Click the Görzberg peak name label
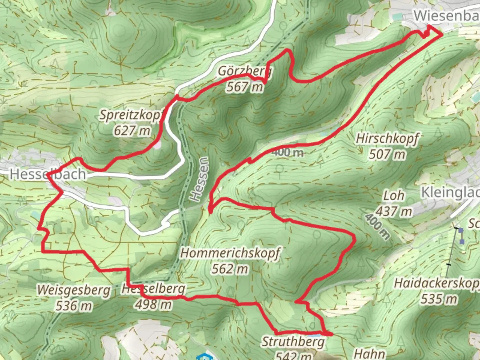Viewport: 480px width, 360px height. pyautogui.click(x=245, y=71)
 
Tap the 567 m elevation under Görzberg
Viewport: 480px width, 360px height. pyautogui.click(x=245, y=87)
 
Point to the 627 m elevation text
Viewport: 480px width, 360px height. pyautogui.click(x=132, y=131)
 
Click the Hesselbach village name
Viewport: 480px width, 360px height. pyautogui.click(x=48, y=174)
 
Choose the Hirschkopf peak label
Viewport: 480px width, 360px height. pyautogui.click(x=387, y=138)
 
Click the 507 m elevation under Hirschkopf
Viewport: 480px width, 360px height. pyautogui.click(x=387, y=154)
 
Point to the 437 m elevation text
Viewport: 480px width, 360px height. pyautogui.click(x=394, y=211)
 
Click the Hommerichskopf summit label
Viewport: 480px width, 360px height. pyautogui.click(x=230, y=253)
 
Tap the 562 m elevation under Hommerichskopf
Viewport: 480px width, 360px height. pyautogui.click(x=230, y=269)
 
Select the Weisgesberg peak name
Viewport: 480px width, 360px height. pyautogui.click(x=74, y=290)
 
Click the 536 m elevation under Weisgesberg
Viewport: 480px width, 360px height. pyautogui.click(x=74, y=305)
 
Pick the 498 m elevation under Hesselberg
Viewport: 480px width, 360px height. pyautogui.click(x=154, y=304)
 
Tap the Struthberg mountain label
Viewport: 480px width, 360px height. pyautogui.click(x=293, y=342)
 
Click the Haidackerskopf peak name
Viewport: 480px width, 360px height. pyautogui.click(x=437, y=283)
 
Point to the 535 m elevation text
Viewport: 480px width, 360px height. pyautogui.click(x=439, y=299)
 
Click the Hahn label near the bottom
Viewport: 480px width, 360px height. pyautogui.click(x=369, y=354)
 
